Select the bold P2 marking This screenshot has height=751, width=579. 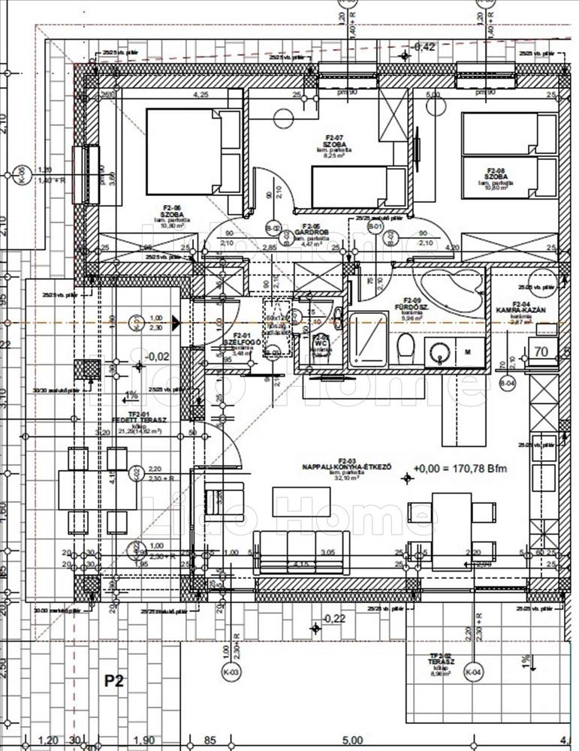[114, 681]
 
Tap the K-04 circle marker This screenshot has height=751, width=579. [472, 671]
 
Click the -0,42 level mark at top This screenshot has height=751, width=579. [424, 47]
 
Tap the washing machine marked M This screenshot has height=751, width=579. [468, 351]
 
